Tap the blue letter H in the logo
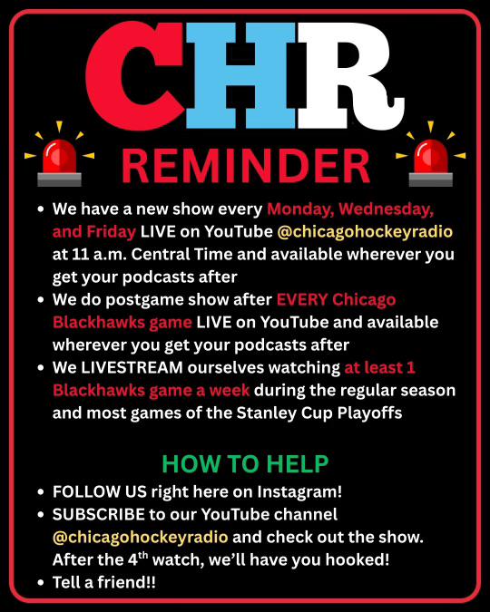pyautogui.click(x=240, y=75)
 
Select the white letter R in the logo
pyautogui.click(x=350, y=75)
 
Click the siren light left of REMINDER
pyautogui.click(x=59, y=154)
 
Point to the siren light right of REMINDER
pyautogui.click(x=431, y=154)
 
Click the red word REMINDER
pyautogui.click(x=245, y=166)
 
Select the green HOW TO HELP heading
pyautogui.click(x=245, y=463)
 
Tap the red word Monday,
pyautogui.click(x=300, y=210)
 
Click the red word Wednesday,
pyautogui.click(x=386, y=210)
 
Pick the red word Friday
pyautogui.click(x=111, y=232)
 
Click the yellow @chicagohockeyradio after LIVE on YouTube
pyautogui.click(x=365, y=232)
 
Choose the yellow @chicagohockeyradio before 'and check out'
pyautogui.click(x=141, y=538)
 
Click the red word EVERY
pyautogui.click(x=302, y=300)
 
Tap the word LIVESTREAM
pyautogui.click(x=132, y=368)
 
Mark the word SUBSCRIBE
pyautogui.click(x=99, y=514)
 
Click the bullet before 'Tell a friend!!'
pyautogui.click(x=41, y=582)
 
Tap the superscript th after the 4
pyautogui.click(x=143, y=555)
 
